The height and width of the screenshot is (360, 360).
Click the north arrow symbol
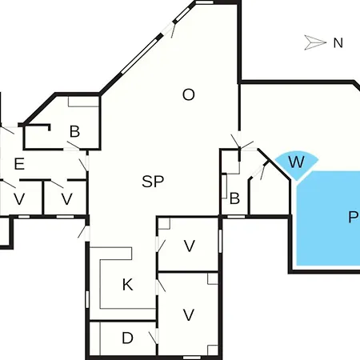pyautogui.click(x=315, y=42)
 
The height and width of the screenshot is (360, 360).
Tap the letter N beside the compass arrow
pyautogui.click(x=338, y=43)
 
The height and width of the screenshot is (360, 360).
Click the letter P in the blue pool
pyautogui.click(x=353, y=217)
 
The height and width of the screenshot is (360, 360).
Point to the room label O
pyautogui.click(x=189, y=94)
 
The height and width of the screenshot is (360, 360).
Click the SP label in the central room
pyautogui.click(x=153, y=182)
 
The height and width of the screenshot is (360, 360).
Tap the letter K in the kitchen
pyautogui.click(x=128, y=285)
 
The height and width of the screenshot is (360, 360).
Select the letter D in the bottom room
pyautogui.click(x=127, y=338)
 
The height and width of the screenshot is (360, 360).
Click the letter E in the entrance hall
pyautogui.click(x=19, y=164)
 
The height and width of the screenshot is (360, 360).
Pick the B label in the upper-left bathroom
pyautogui.click(x=74, y=131)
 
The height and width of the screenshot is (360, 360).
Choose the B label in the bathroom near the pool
pyautogui.click(x=234, y=198)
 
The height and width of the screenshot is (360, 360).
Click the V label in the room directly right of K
pyautogui.click(x=190, y=246)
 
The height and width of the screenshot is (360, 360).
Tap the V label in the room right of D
pyautogui.click(x=189, y=314)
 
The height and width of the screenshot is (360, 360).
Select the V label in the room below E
pyautogui.click(x=19, y=199)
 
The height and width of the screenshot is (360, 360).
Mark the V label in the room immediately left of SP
pyautogui.click(x=66, y=199)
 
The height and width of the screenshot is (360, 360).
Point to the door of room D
pyautogui.click(x=155, y=337)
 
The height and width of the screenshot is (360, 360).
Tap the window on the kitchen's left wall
pyautogui.click(x=87, y=299)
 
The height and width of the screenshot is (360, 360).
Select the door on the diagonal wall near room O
pyautogui.click(x=170, y=29)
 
